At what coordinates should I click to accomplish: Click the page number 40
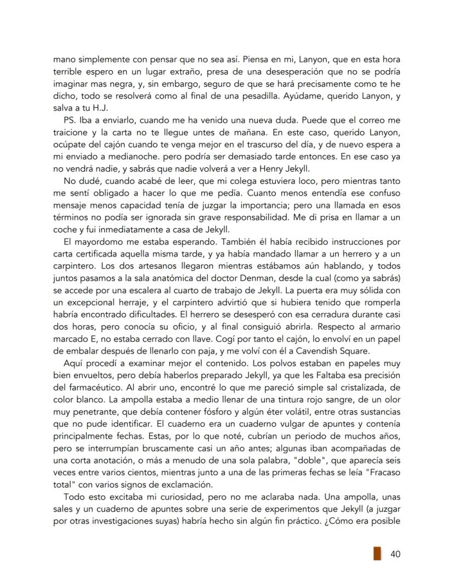pyautogui.click(x=395, y=554)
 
